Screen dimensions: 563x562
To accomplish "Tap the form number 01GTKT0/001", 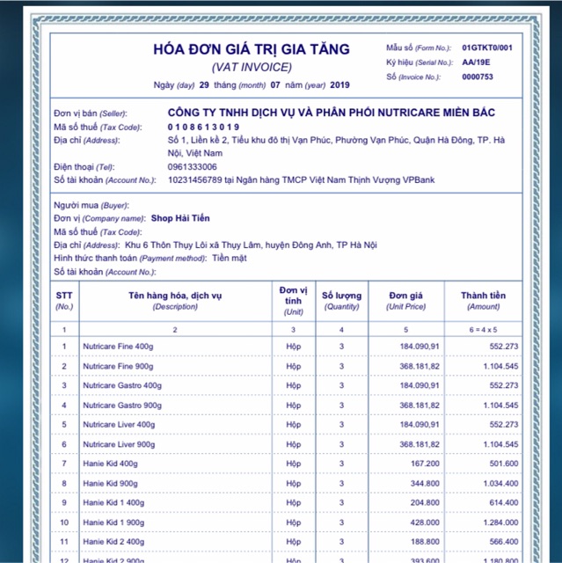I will pos(486,48).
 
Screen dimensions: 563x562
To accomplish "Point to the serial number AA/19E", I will pos(477,62).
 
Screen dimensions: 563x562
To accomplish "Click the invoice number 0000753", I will pos(478,77).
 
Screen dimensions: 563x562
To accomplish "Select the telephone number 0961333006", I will pos(193,166).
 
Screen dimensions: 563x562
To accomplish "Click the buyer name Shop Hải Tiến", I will pos(180,218).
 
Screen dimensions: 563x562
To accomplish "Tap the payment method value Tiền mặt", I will pos(230,258).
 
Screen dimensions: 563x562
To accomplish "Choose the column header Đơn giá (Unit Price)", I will pos(405,300).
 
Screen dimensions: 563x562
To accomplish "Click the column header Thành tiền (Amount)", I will pos(484,300).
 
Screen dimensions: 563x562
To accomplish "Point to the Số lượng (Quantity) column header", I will pos(341,300).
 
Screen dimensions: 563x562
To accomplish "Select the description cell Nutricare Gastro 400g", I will pos(122,385).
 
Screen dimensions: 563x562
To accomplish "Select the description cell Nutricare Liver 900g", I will pos(119,444).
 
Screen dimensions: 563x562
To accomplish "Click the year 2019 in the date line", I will pos(339,84).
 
